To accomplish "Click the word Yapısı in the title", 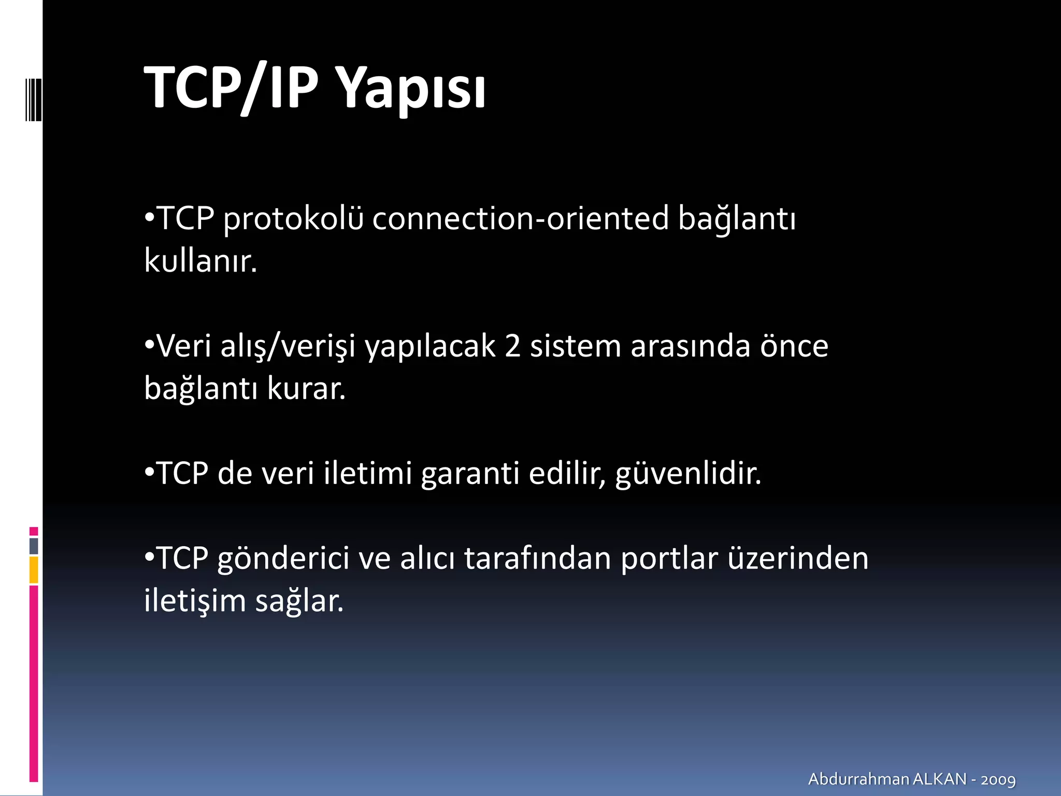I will (x=412, y=88).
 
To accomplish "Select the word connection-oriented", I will (x=520, y=218).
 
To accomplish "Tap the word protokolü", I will (x=293, y=219).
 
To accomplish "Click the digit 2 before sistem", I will (x=512, y=346).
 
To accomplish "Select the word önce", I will (x=794, y=346).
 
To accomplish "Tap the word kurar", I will (x=306, y=388).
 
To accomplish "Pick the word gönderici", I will (x=283, y=559).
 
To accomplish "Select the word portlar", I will (x=669, y=559).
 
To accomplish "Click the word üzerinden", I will (x=798, y=558).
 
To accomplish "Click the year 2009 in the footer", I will (x=998, y=779).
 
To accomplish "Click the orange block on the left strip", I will (x=34, y=570).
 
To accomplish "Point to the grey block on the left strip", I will (x=34, y=546).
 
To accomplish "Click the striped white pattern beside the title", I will (x=33, y=98).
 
